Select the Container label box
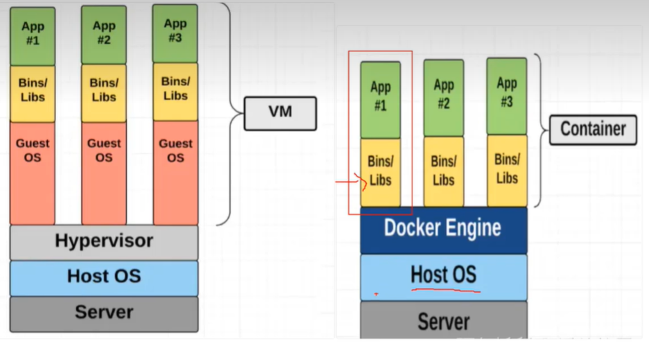click(592, 130)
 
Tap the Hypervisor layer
click(104, 242)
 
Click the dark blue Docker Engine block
click(443, 229)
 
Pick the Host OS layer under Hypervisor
click(104, 277)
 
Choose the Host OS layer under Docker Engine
click(443, 276)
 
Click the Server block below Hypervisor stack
click(104, 313)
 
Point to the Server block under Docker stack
click(443, 321)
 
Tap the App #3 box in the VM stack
click(175, 33)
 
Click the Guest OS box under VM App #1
click(33, 172)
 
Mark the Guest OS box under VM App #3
click(175, 172)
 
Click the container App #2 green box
click(444, 97)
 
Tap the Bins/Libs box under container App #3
click(506, 170)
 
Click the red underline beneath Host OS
click(445, 290)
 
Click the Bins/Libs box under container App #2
click(444, 171)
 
